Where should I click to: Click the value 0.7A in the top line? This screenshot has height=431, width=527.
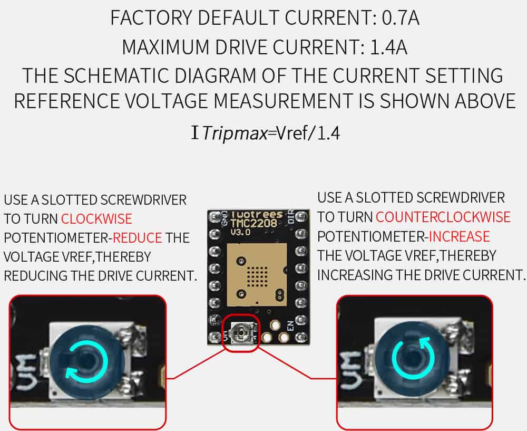401,18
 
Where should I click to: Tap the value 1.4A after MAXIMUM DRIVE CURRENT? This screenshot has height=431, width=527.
388,47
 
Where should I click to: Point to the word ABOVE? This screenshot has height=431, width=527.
485,101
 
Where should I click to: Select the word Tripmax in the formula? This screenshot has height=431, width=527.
235,133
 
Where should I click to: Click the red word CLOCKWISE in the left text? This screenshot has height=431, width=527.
96,219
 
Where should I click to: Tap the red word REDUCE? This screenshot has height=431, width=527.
138,238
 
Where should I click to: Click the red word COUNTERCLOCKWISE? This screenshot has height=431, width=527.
443,217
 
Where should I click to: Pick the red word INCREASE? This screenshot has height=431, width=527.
459,236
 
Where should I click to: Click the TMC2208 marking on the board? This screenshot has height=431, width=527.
254,223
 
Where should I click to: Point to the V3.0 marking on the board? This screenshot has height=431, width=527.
240,232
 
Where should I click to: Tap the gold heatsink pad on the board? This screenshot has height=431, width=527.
257,275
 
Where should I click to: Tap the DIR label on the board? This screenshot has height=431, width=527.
291,216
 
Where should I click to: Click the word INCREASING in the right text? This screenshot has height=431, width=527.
355,274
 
